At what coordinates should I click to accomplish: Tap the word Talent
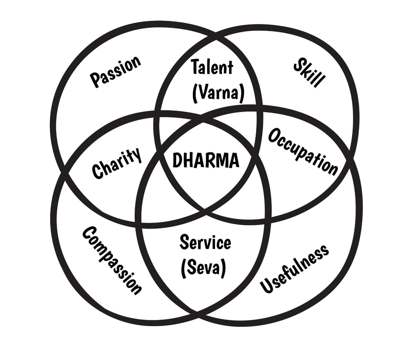coord(212,67)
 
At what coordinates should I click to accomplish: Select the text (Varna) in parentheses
coord(218,92)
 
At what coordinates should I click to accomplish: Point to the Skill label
coord(309,73)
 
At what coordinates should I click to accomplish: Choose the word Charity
coord(117,164)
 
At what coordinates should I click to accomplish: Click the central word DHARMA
coord(205,160)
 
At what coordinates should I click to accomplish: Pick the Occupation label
coord(303,151)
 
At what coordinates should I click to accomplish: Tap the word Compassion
coord(112,260)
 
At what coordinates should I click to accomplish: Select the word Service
coord(205,243)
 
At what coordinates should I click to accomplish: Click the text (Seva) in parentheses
coord(203,268)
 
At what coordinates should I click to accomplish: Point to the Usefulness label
coord(294,269)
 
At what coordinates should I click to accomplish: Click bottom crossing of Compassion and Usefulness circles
coord(197,311)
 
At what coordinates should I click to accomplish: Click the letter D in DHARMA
coord(177,160)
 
